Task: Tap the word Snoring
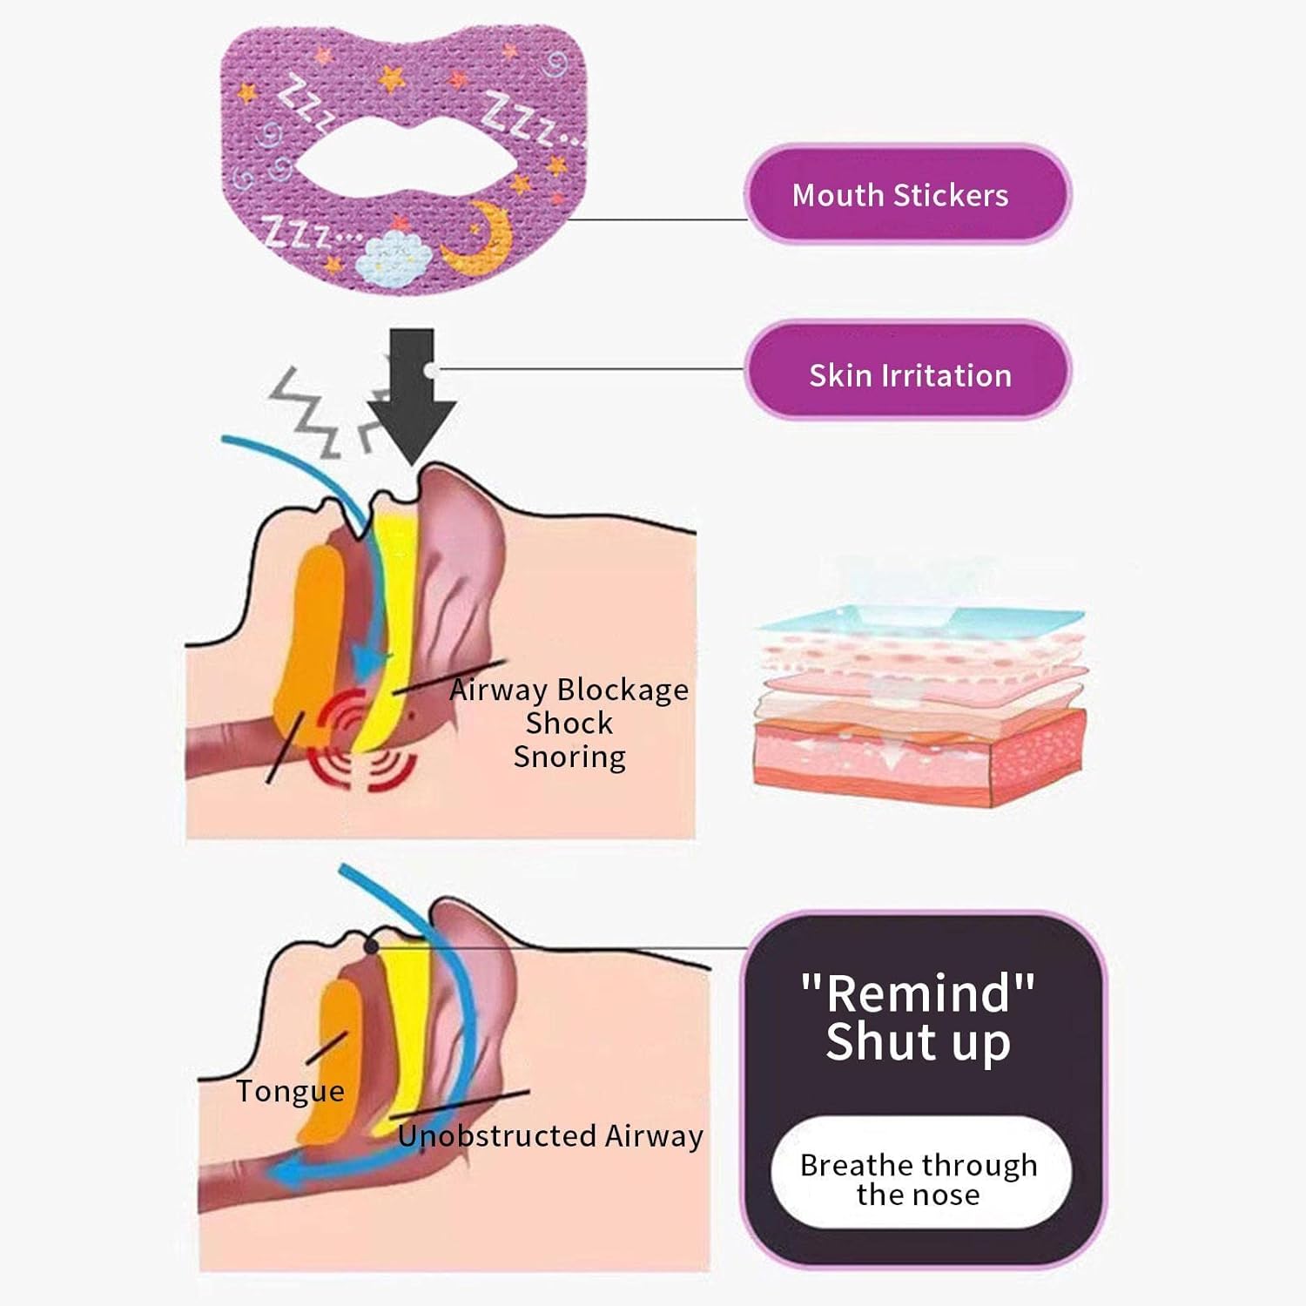(x=569, y=757)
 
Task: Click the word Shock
(x=569, y=723)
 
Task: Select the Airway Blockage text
(x=569, y=690)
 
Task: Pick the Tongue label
(x=290, y=1091)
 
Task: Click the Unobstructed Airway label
(x=550, y=1136)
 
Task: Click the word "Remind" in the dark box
(x=918, y=993)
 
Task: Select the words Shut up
(x=918, y=1042)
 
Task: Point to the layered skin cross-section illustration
(x=921, y=697)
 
